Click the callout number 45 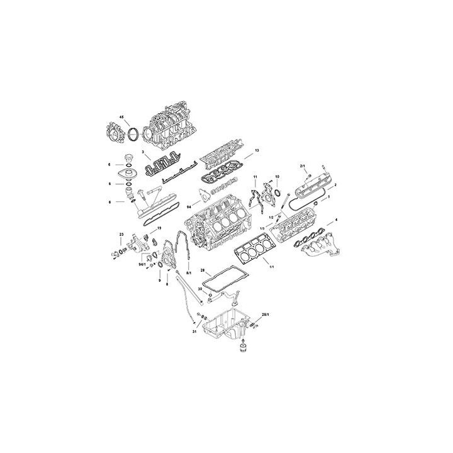(122, 117)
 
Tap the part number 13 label (257, 151)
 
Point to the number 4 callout (337, 220)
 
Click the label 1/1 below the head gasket (271, 267)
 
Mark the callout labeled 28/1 (266, 313)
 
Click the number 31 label (195, 330)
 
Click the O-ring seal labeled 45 (133, 134)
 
